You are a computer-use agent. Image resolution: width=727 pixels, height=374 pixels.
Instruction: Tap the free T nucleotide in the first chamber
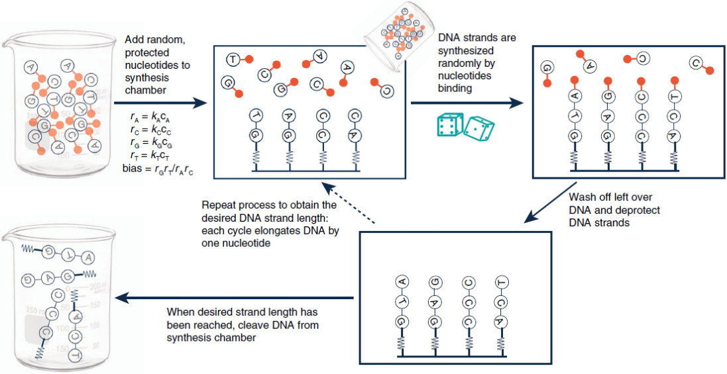[x=233, y=59]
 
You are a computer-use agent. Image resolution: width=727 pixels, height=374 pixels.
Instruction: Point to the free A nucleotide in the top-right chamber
[x=589, y=65]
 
